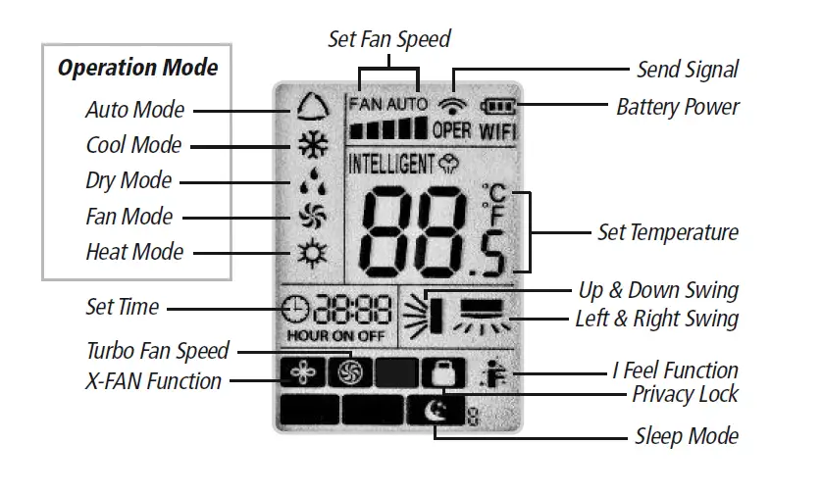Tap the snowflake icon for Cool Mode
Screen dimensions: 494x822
(x=312, y=144)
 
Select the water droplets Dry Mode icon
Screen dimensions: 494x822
(x=312, y=181)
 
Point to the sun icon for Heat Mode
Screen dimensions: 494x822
(x=312, y=253)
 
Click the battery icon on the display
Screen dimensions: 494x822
(x=498, y=106)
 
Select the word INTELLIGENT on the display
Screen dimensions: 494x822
(x=390, y=163)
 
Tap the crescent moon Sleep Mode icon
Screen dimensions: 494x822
(x=432, y=411)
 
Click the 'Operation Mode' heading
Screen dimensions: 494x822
(x=137, y=68)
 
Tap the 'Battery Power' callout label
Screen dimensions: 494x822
(x=677, y=106)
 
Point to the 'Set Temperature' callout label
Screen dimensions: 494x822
(x=667, y=232)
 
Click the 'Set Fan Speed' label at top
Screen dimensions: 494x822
(x=388, y=39)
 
